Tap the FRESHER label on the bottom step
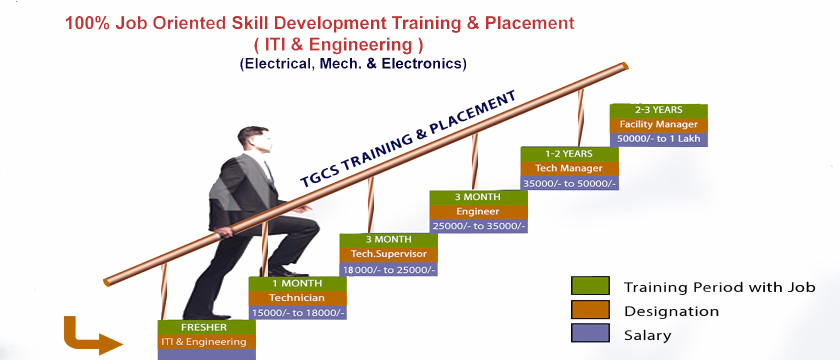click(204, 327)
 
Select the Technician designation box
click(297, 298)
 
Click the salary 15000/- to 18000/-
click(297, 313)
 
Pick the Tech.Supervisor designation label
click(388, 254)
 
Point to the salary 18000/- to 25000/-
click(388, 269)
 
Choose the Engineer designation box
click(478, 212)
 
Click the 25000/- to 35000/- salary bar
click(478, 226)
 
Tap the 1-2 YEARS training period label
click(569, 154)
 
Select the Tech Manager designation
click(569, 168)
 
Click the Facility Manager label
click(658, 124)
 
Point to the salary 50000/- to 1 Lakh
click(658, 139)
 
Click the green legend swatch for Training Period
click(590, 286)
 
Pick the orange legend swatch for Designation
click(590, 310)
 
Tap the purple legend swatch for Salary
click(590, 333)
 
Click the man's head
click(254, 140)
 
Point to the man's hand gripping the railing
click(225, 233)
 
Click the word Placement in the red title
click(529, 23)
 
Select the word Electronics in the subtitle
click(424, 64)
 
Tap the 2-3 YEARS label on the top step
click(658, 110)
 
